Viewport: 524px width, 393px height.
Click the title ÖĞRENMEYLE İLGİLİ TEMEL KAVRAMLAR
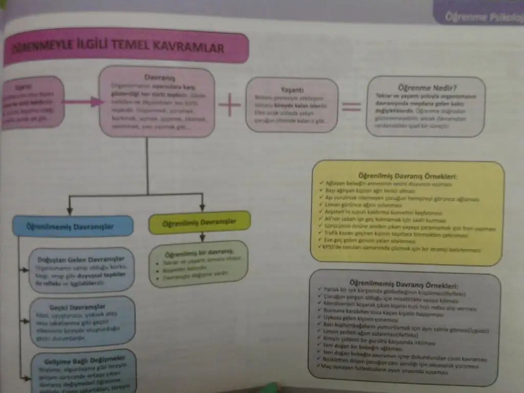point(118,49)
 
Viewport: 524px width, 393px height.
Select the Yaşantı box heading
point(293,88)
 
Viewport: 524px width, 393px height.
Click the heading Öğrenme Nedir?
point(426,88)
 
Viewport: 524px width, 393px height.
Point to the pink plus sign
point(229,106)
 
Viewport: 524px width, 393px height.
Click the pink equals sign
point(352,106)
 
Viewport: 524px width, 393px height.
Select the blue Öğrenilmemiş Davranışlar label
point(74,225)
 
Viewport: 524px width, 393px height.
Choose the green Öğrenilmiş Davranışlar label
point(199,223)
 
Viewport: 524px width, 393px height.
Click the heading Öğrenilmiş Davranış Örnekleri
point(407,176)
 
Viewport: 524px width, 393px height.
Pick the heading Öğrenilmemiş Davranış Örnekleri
point(404,284)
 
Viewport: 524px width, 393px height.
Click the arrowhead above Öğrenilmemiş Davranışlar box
point(70,210)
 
